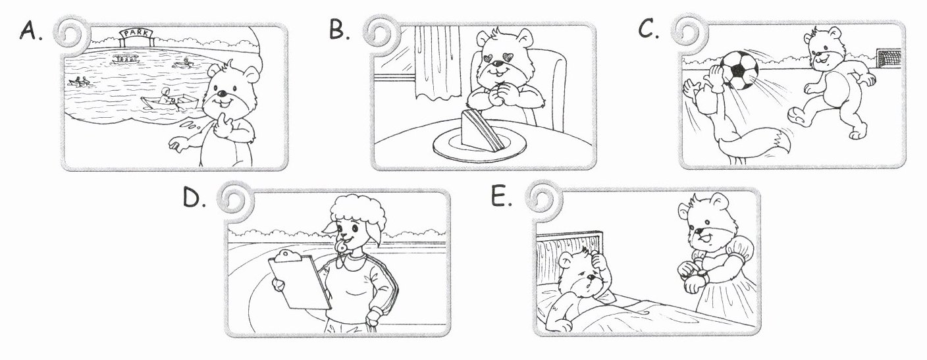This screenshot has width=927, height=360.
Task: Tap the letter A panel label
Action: point(30,31)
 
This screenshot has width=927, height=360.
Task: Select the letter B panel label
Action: point(339,30)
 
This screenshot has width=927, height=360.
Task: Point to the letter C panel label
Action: point(648,28)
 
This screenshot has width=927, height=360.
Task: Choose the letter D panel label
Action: point(194,198)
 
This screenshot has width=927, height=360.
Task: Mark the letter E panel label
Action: point(501,195)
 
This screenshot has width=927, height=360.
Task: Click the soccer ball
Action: point(739,70)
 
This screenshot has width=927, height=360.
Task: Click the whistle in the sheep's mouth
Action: point(342,245)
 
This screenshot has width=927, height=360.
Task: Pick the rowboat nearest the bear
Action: point(170,102)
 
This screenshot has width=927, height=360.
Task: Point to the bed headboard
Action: point(569,257)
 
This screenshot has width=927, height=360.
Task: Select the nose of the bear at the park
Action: point(223,93)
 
